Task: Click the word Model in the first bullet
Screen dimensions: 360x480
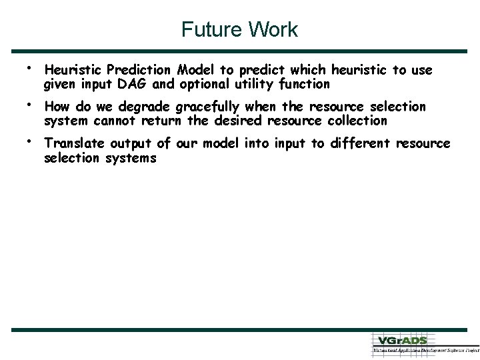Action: click(x=194, y=70)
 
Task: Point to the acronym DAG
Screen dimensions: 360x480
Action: click(x=137, y=84)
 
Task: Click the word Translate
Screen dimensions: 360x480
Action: click(x=74, y=144)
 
